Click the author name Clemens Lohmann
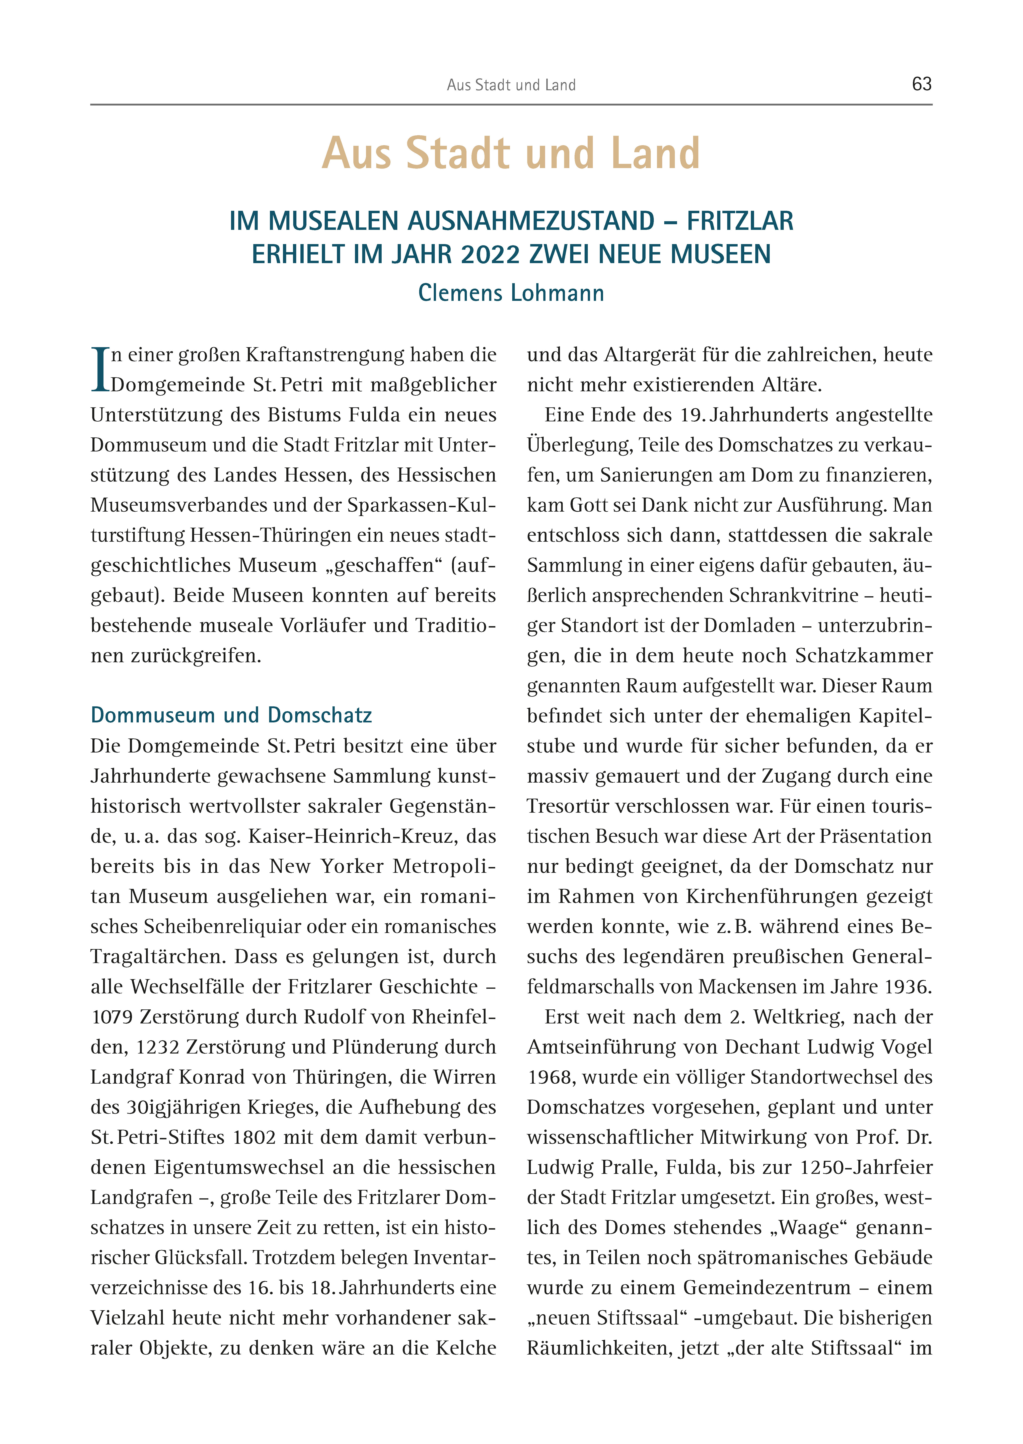pos(511,293)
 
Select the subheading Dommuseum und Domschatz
pos(231,715)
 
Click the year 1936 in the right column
pos(908,987)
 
